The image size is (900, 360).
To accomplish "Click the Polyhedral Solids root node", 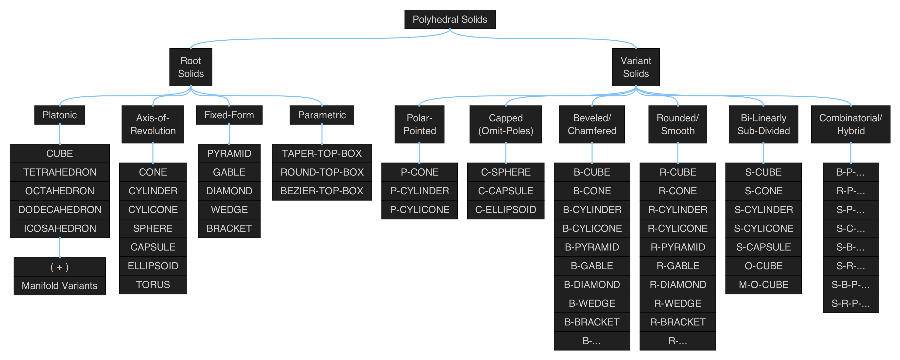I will coord(450,19).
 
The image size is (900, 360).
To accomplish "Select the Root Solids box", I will coord(191,67).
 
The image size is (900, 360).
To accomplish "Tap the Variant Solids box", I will coord(636,67).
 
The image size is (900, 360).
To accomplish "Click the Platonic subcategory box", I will coord(60,115).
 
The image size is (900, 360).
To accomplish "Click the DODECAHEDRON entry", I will coord(60,210).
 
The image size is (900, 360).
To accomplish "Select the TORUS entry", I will coord(153,285).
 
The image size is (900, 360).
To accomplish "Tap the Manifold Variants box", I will coord(60,286).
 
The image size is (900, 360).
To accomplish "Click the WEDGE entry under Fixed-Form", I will coord(229,210).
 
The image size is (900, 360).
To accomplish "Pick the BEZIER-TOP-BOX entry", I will coord(322,191).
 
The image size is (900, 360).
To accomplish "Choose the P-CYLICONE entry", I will coord(419,210).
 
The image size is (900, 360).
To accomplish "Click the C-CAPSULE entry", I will coord(505,191).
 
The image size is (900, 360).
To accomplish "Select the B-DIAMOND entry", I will coord(592,285).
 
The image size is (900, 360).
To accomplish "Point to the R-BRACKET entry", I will coord(678,322).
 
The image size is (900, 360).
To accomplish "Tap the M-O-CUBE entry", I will coord(763,285).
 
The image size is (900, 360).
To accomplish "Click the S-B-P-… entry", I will coord(850,285).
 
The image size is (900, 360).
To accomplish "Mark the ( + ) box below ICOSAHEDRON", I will coord(60,267).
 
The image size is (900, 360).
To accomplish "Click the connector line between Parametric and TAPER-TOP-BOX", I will coord(322,134).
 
